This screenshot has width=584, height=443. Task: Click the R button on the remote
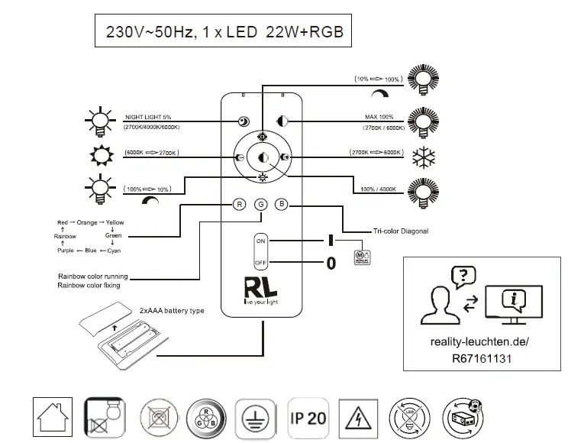239,204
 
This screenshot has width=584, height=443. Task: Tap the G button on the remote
260,204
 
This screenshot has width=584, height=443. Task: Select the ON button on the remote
260,241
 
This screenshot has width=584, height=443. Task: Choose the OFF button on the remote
260,262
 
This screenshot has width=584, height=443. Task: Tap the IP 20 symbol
308,417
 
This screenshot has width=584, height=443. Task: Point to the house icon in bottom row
53,418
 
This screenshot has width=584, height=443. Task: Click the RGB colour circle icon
205,418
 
